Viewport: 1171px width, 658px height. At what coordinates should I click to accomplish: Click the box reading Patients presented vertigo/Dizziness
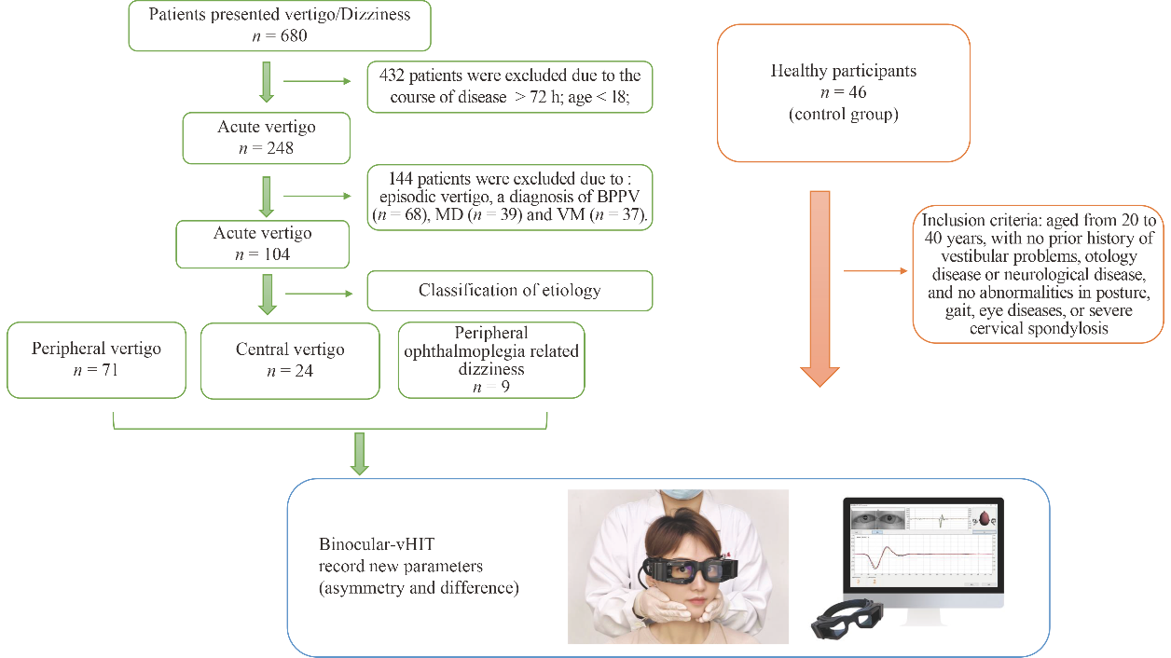pyautogui.click(x=280, y=26)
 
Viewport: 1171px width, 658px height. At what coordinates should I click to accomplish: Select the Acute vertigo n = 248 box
pyautogui.click(x=267, y=137)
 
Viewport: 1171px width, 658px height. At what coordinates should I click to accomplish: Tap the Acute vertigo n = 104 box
pyautogui.click(x=263, y=242)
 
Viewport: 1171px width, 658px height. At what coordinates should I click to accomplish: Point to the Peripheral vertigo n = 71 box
pyautogui.click(x=96, y=360)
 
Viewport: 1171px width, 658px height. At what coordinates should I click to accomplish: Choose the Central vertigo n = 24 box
pyautogui.click(x=290, y=360)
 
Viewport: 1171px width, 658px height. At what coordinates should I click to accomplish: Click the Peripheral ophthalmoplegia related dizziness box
pyautogui.click(x=490, y=360)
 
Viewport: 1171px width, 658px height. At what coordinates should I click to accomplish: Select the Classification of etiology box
pyautogui.click(x=509, y=291)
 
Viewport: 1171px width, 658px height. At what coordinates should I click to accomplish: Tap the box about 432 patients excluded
pyautogui.click(x=509, y=87)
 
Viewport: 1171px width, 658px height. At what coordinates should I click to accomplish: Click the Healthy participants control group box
pyautogui.click(x=843, y=93)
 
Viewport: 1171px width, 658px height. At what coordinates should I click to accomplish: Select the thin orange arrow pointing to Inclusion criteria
pyautogui.click(x=875, y=272)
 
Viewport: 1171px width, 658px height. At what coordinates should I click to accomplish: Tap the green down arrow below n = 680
pyautogui.click(x=267, y=83)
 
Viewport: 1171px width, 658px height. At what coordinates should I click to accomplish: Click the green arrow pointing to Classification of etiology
pyautogui.click(x=317, y=294)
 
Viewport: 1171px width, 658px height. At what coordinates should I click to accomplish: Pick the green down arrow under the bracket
pyautogui.click(x=359, y=453)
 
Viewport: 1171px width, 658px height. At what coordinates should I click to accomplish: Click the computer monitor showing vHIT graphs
pyautogui.click(x=923, y=550)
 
